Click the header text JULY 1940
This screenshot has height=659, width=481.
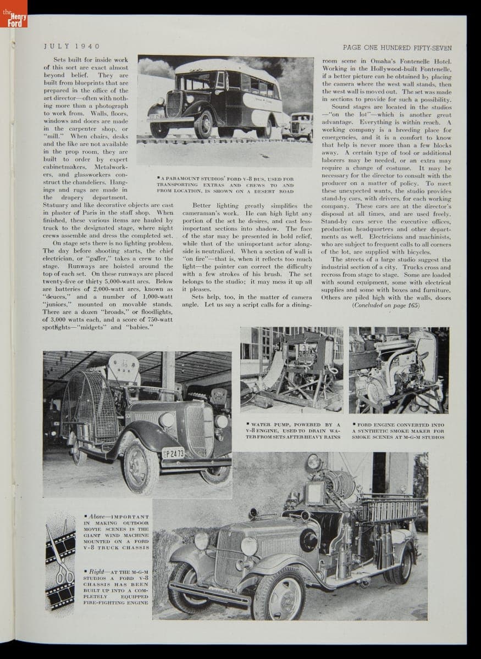click(x=71, y=47)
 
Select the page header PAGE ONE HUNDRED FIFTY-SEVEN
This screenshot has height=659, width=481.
click(x=396, y=47)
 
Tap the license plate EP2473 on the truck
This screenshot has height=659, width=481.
click(x=173, y=453)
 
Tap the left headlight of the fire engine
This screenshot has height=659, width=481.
click(x=201, y=541)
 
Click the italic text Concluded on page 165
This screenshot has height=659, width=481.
click(x=385, y=305)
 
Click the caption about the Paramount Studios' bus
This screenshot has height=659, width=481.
click(x=225, y=185)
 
